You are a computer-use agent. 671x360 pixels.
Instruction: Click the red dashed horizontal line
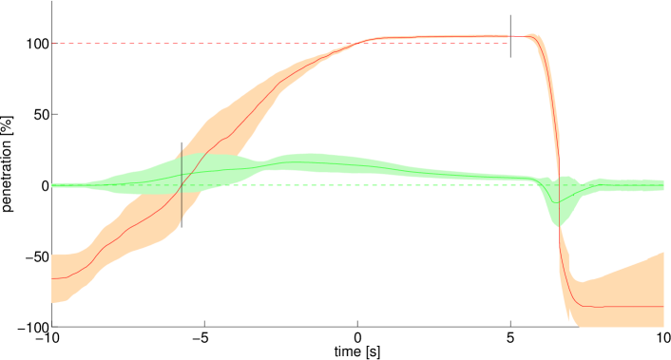tap(190, 44)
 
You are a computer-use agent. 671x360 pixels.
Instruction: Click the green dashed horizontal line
tap(380, 185)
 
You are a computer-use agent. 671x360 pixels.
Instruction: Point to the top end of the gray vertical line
tap(182, 149)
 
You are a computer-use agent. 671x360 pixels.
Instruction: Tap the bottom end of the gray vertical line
tap(182, 229)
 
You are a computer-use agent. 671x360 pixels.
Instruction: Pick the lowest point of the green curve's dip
tap(559, 201)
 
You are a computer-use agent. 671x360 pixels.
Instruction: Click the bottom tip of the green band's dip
tap(558, 226)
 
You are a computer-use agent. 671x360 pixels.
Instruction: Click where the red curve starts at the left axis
tap(53, 278)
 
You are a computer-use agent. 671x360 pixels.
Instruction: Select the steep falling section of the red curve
tap(558, 171)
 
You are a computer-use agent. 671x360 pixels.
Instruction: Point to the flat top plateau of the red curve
tap(447, 37)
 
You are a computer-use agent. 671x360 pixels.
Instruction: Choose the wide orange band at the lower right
tap(627, 285)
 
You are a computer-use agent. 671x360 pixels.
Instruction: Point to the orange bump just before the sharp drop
tap(533, 38)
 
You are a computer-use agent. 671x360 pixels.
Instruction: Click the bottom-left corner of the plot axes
tap(52, 327)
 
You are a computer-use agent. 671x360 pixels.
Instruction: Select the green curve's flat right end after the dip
tap(637, 184)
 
